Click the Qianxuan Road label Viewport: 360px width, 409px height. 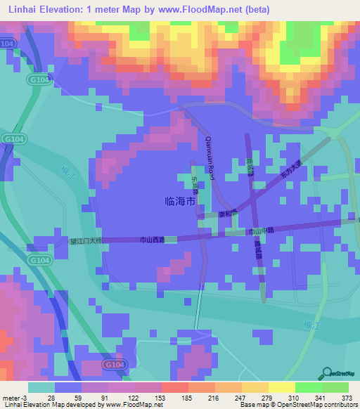coord(210,158)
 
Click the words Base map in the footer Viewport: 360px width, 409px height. coord(252,405)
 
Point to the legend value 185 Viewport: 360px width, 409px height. coord(187,398)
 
